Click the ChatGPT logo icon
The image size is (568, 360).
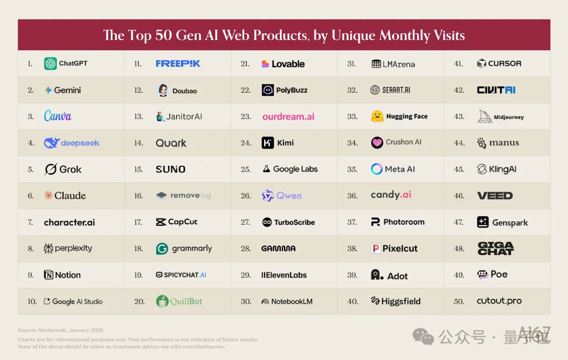coord(50,64)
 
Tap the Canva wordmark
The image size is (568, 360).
coord(57,116)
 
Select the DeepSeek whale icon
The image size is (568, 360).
coord(52,143)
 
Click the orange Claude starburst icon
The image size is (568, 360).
coord(48,196)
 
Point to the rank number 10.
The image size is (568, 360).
coord(32,302)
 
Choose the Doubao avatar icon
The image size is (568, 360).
coord(163,90)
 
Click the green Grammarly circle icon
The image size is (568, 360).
coord(162,248)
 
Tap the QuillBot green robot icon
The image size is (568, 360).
coord(162,302)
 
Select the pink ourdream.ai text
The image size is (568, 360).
coord(288,116)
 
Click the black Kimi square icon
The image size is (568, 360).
coord(268,143)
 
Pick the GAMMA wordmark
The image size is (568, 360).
coord(278,248)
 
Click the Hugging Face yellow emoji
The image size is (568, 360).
coord(377,116)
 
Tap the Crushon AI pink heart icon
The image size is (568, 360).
coord(377,143)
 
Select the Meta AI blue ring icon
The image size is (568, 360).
coord(377,169)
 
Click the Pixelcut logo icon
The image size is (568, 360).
coord(376,248)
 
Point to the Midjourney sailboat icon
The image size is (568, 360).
coord(484,116)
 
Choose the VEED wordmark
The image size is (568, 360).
coord(494,196)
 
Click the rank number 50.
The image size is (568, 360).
coord(459,302)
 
